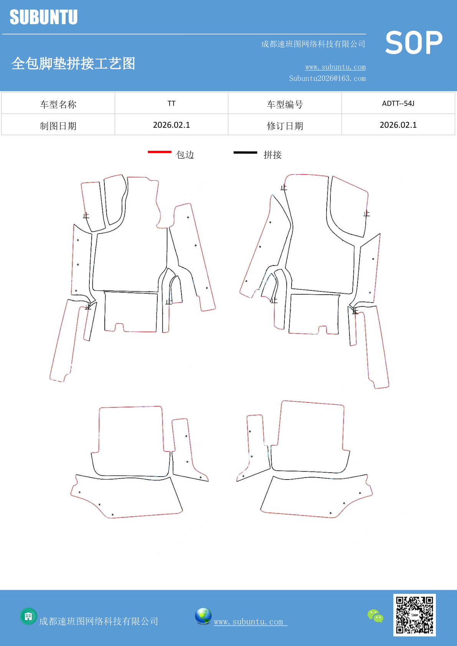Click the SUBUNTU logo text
coord(44,17)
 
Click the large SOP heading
coord(414,43)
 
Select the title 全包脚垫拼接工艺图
coord(73,63)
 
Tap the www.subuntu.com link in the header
coord(335,67)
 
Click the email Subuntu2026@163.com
coord(327,78)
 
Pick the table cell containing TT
coord(172,103)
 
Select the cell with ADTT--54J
coord(398,103)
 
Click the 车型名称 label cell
coord(58,103)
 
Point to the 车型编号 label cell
coord(285,103)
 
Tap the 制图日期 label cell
coord(58,125)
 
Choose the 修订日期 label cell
coord(285,125)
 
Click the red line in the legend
coord(160,152)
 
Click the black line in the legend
coord(245,152)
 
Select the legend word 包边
coord(185,155)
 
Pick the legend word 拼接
coord(273,155)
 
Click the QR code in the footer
coord(414,615)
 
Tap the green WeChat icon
coord(375,616)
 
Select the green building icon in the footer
coord(28,616)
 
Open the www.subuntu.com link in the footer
coord(251,622)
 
